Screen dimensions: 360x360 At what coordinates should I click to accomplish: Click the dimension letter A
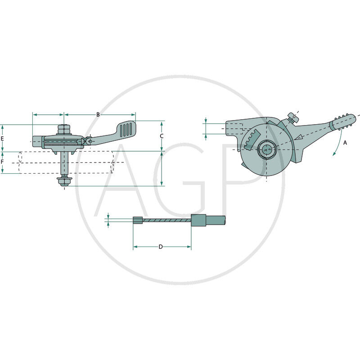(x=345, y=143)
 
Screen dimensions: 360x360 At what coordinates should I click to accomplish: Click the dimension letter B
(x=98, y=114)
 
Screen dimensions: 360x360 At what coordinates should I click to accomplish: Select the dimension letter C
(x=162, y=136)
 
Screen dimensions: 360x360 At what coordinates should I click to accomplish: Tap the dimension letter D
(x=161, y=247)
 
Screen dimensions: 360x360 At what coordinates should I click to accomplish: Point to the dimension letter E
(x=2, y=139)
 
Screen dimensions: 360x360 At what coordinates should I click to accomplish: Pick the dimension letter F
(x=2, y=162)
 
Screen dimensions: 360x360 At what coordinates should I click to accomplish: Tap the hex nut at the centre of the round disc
(x=266, y=150)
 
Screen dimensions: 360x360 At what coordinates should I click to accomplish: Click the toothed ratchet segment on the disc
(x=252, y=140)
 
